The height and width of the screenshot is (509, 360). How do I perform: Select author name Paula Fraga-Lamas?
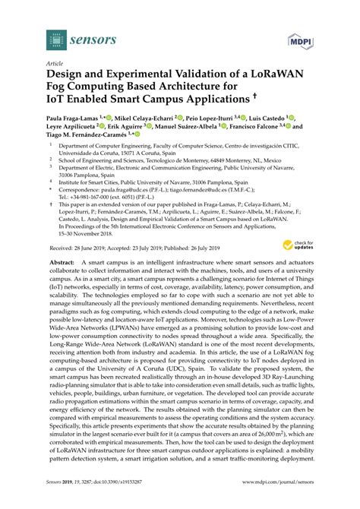point(70,119)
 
